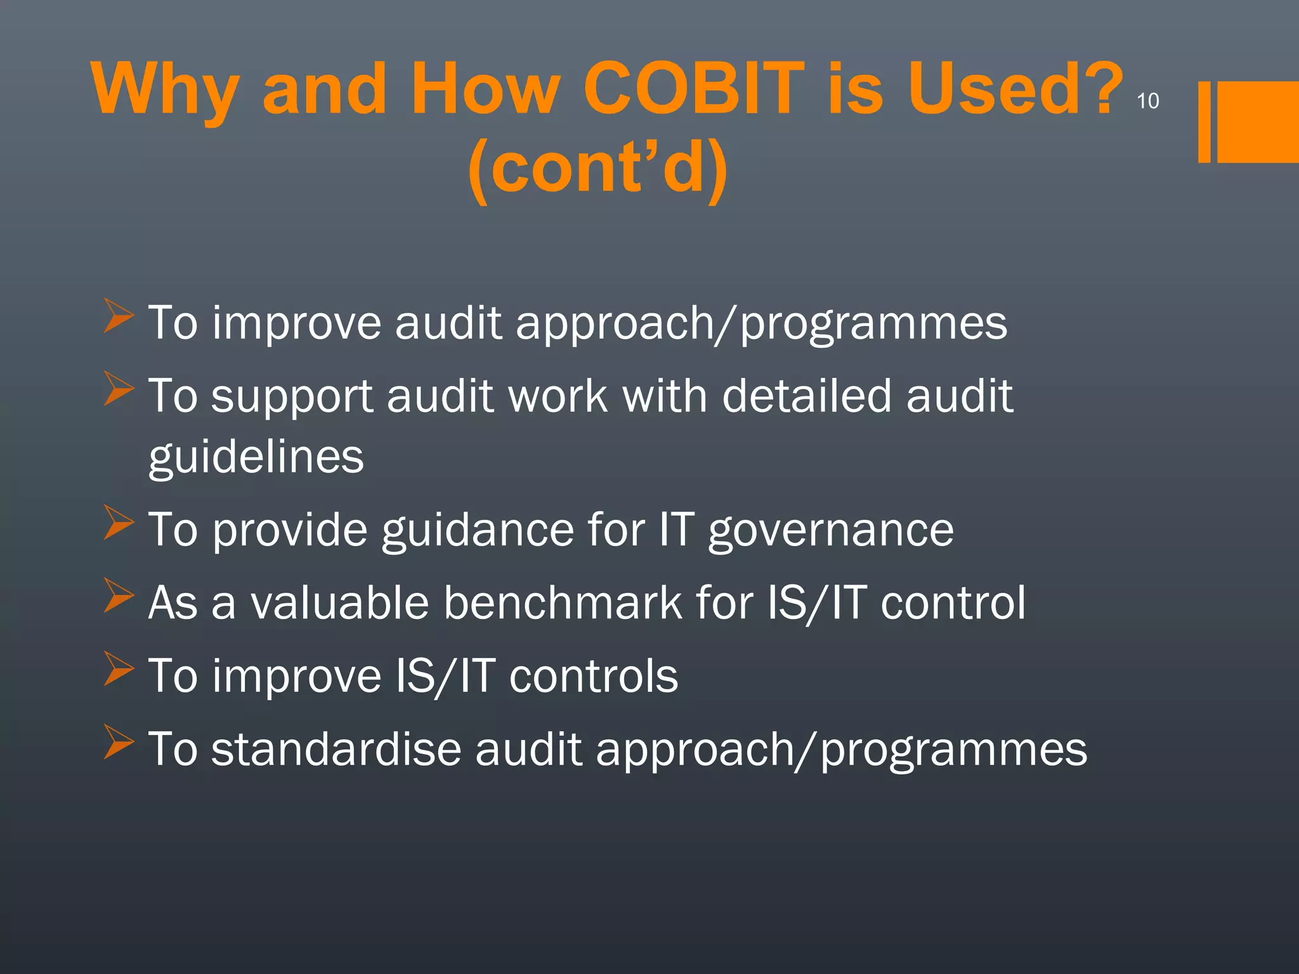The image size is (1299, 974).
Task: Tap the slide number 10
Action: pos(1147,101)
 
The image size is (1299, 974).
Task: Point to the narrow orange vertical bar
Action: pos(1204,122)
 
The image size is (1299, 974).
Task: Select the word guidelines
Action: pos(256,457)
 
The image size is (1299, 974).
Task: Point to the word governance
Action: pos(831,530)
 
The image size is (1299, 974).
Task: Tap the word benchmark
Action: pos(563,602)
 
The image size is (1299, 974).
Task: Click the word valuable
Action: pos(339,602)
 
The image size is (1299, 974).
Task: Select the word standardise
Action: pos(336,749)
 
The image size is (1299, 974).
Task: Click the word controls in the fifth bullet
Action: pos(594,676)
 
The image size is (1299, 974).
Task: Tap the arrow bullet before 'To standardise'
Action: pos(119,742)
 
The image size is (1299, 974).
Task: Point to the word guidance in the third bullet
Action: pos(477,530)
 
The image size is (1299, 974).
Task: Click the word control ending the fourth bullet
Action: pos(953,602)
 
